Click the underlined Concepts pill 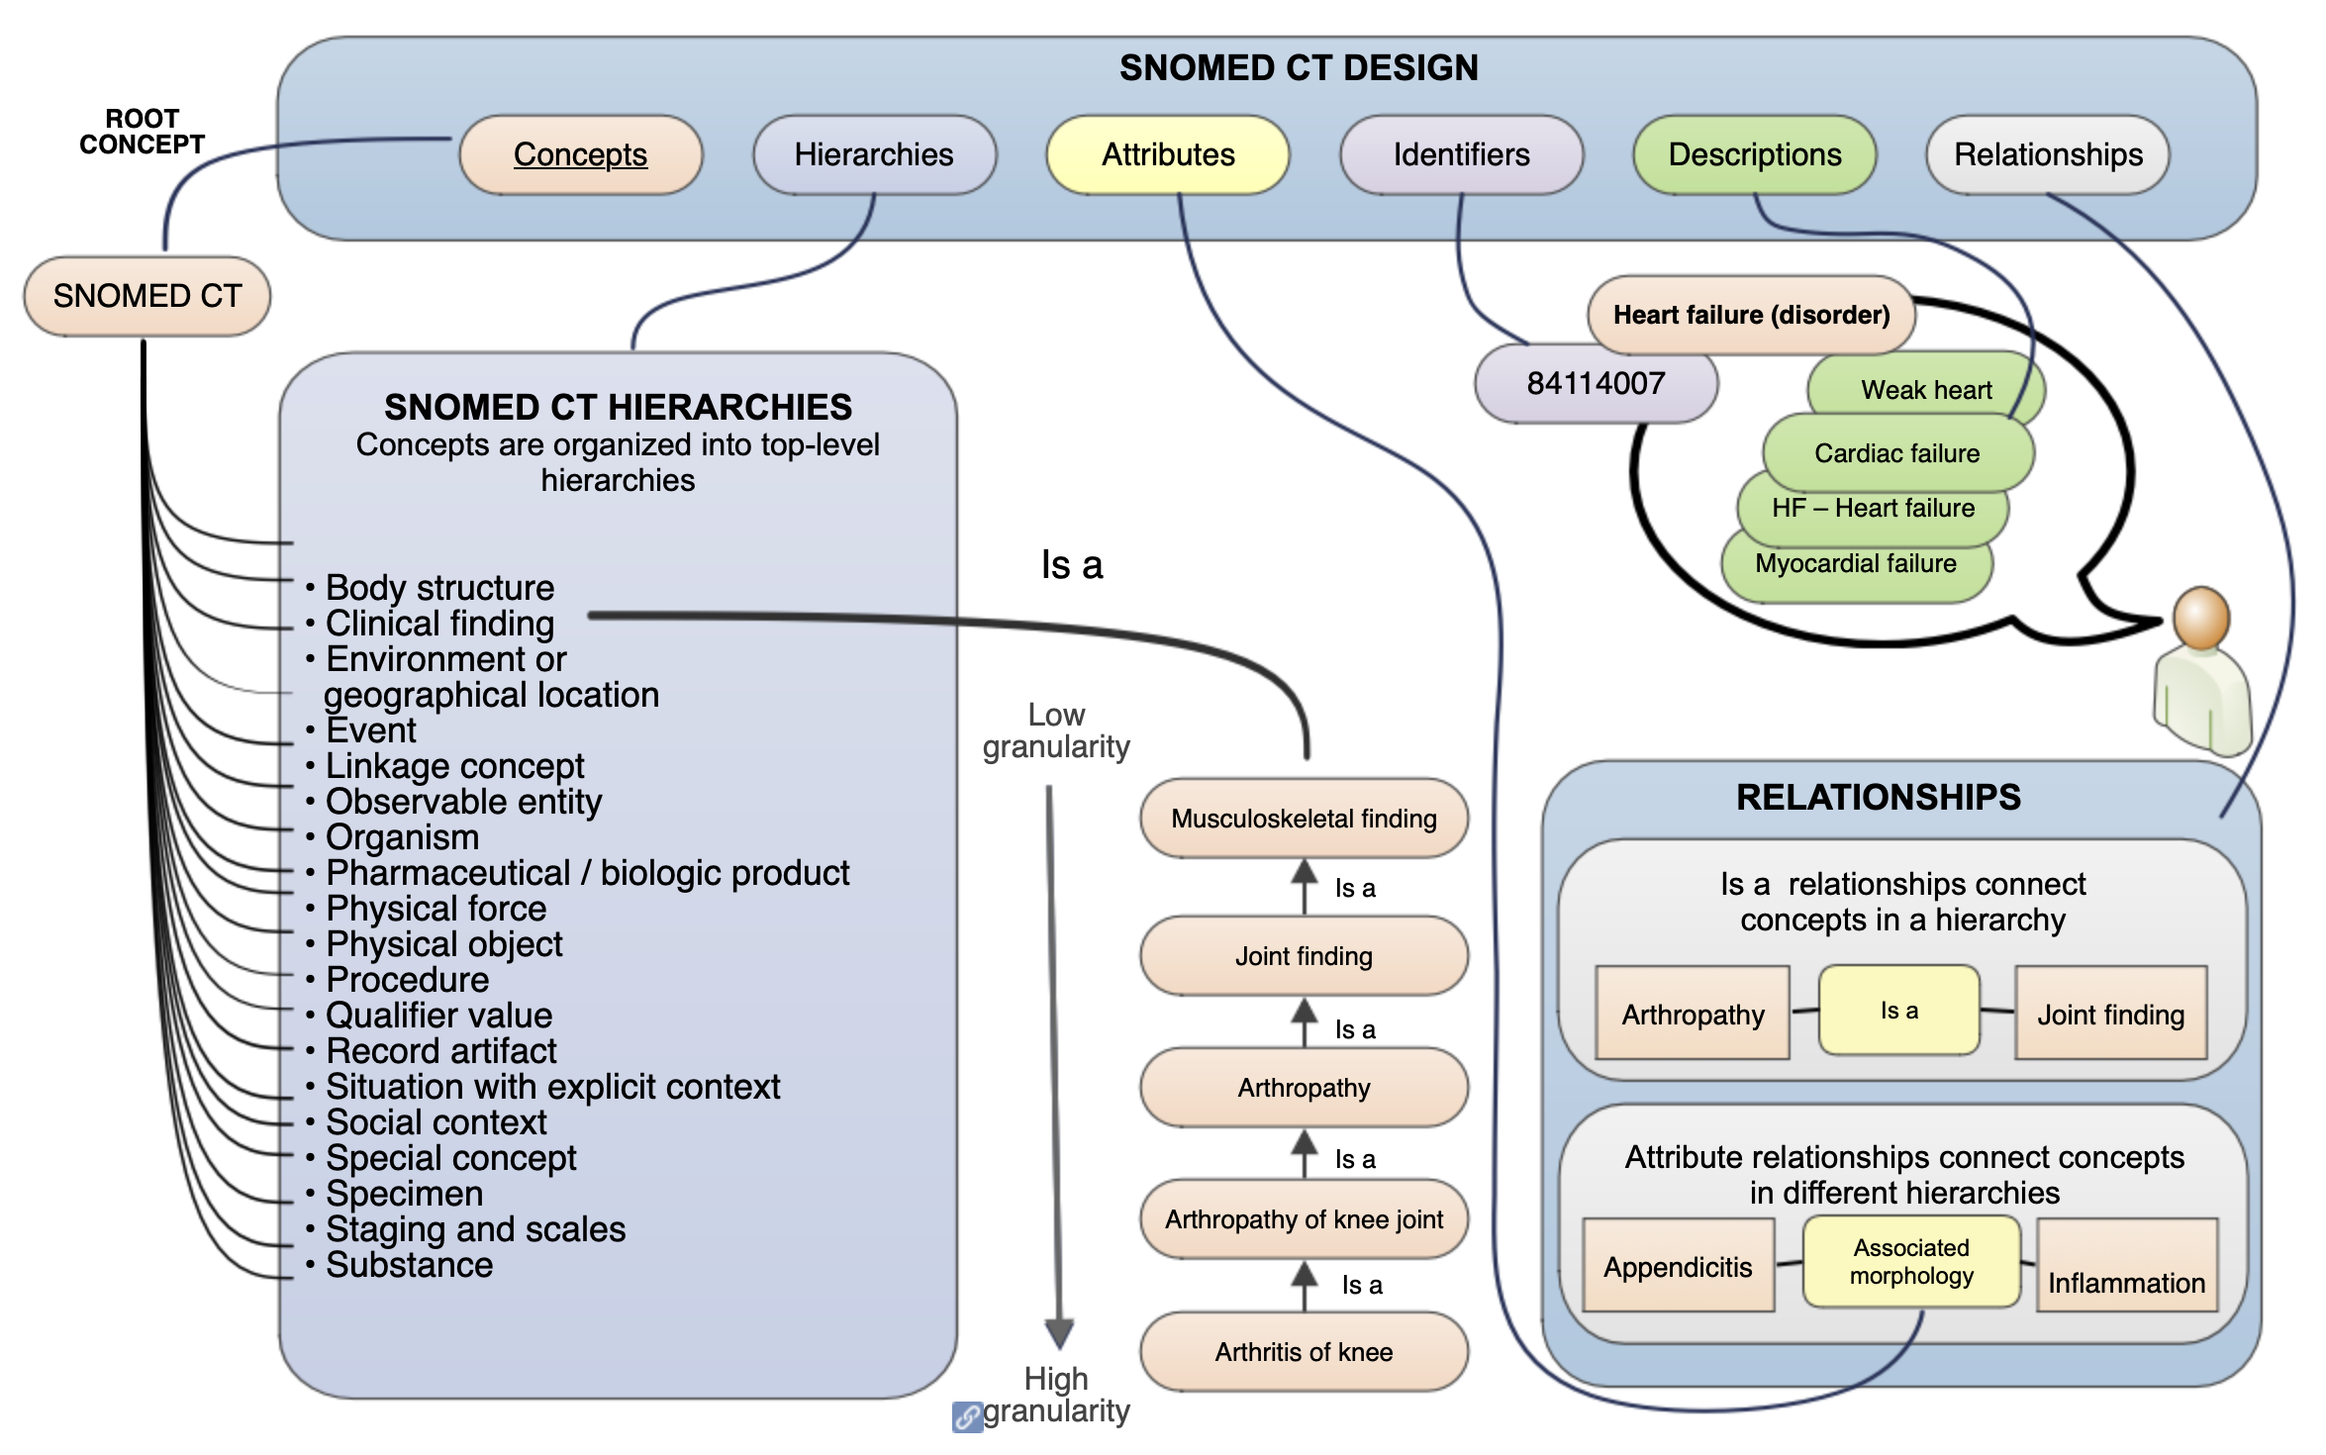click(581, 154)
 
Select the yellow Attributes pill click(1168, 154)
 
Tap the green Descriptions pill click(1754, 154)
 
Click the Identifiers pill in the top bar click(1461, 154)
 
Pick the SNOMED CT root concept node click(147, 296)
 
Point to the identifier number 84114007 click(1596, 383)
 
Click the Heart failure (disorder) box click(1751, 315)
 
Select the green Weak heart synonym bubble click(1926, 389)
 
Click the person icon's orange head click(2200, 617)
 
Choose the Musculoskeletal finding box click(1304, 819)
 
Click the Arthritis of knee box click(1304, 1352)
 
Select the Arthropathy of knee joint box click(1304, 1219)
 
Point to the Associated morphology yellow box click(1911, 1262)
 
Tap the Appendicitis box click(1678, 1267)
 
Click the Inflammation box click(2126, 1275)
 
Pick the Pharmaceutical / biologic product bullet click(587, 873)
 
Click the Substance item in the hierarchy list click(409, 1265)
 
